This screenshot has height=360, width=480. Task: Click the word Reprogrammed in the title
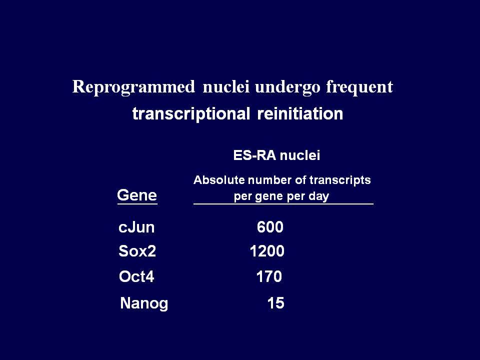(133, 87)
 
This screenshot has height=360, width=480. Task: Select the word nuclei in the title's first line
(226, 86)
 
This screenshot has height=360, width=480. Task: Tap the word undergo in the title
(287, 87)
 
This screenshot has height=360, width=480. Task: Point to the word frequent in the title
(359, 87)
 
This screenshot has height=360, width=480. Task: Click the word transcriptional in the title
(191, 114)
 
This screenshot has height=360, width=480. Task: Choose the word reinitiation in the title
(300, 113)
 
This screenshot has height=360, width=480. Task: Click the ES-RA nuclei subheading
(276, 155)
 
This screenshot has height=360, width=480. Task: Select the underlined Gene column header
(137, 195)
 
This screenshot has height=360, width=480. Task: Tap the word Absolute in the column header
(219, 179)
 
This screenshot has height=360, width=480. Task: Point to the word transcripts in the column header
(340, 180)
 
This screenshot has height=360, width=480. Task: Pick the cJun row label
(136, 227)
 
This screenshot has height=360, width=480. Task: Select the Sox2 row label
(137, 251)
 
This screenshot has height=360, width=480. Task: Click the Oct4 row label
(136, 276)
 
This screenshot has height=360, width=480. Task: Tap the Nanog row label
(144, 303)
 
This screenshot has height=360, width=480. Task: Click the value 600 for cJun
(270, 227)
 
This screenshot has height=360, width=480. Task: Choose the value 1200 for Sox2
(267, 251)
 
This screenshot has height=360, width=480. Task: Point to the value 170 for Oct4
(269, 276)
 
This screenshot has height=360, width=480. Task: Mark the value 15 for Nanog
(275, 303)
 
